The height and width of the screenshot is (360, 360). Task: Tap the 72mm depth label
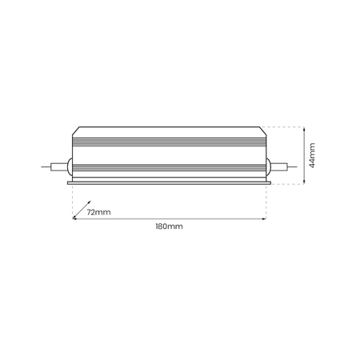pos(98,213)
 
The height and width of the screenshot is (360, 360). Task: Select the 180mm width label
pos(169,227)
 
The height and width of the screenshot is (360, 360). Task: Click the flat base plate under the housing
pos(168,182)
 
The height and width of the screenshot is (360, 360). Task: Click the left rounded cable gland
pos(70,166)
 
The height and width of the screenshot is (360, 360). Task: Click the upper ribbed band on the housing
pos(168,142)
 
